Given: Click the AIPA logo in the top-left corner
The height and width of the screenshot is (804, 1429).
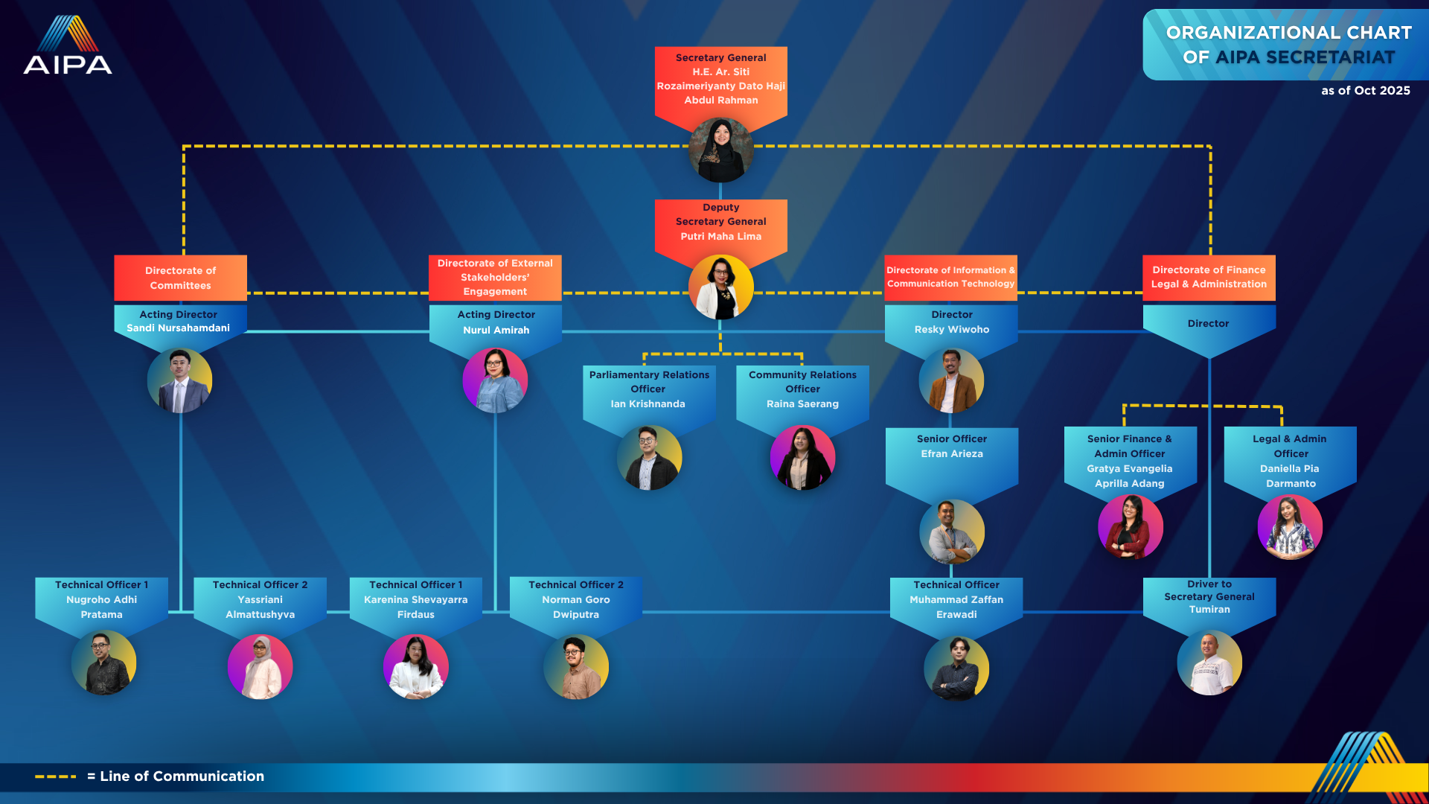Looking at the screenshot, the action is click(x=68, y=45).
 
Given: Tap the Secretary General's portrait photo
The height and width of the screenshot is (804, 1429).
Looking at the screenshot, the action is click(x=720, y=150).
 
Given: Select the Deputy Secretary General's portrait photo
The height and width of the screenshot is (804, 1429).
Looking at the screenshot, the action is click(x=720, y=287).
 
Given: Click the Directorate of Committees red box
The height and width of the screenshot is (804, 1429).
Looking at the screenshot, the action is click(x=180, y=278).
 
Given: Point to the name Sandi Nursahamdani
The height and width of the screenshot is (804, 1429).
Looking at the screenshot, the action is click(x=179, y=328).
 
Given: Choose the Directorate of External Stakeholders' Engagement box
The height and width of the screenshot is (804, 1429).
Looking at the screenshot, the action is click(x=495, y=278).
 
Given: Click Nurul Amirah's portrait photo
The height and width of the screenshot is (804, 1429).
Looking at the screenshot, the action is click(x=495, y=380).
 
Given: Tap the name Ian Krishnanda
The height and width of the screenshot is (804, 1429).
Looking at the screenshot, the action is click(x=648, y=404).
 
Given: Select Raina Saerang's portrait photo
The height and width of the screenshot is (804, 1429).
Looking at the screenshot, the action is click(x=802, y=458).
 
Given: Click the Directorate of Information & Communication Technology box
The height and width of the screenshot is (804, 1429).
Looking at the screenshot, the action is click(x=950, y=278).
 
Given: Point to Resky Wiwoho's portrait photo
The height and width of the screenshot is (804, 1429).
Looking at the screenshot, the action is click(x=951, y=380).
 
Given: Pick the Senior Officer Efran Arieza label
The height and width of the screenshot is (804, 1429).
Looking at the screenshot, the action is click(x=952, y=447).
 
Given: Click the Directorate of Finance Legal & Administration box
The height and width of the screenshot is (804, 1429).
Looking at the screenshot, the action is click(x=1209, y=278).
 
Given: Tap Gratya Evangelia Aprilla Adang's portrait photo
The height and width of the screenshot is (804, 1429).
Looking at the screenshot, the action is click(x=1131, y=527).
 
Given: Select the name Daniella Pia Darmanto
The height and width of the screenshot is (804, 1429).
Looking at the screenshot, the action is click(x=1290, y=476).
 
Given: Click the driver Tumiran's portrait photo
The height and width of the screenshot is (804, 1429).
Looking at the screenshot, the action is click(x=1209, y=663).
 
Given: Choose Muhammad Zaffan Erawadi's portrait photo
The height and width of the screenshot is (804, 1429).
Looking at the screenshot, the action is click(x=956, y=668).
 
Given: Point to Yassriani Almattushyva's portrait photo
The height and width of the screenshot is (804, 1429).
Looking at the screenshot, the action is click(x=260, y=667).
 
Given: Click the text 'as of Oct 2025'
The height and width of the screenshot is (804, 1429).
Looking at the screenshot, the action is click(x=1366, y=91).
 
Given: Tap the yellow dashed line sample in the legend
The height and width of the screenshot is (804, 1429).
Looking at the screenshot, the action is click(x=56, y=776).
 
